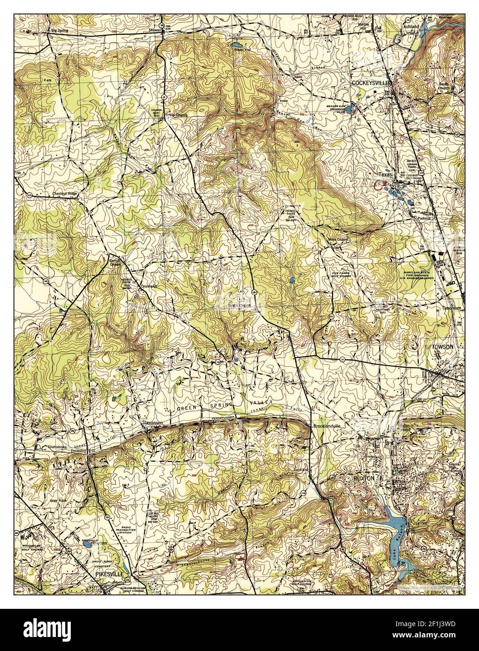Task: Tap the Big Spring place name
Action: [x=60, y=31]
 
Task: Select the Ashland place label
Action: [x=407, y=27]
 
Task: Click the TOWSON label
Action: [x=443, y=347]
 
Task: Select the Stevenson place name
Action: [x=152, y=423]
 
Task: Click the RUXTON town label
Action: [x=364, y=479]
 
